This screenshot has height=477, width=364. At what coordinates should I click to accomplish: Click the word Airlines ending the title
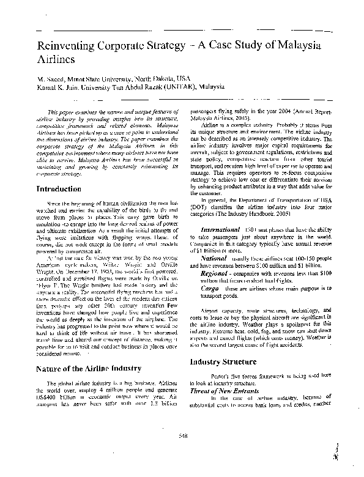pos(56,60)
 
